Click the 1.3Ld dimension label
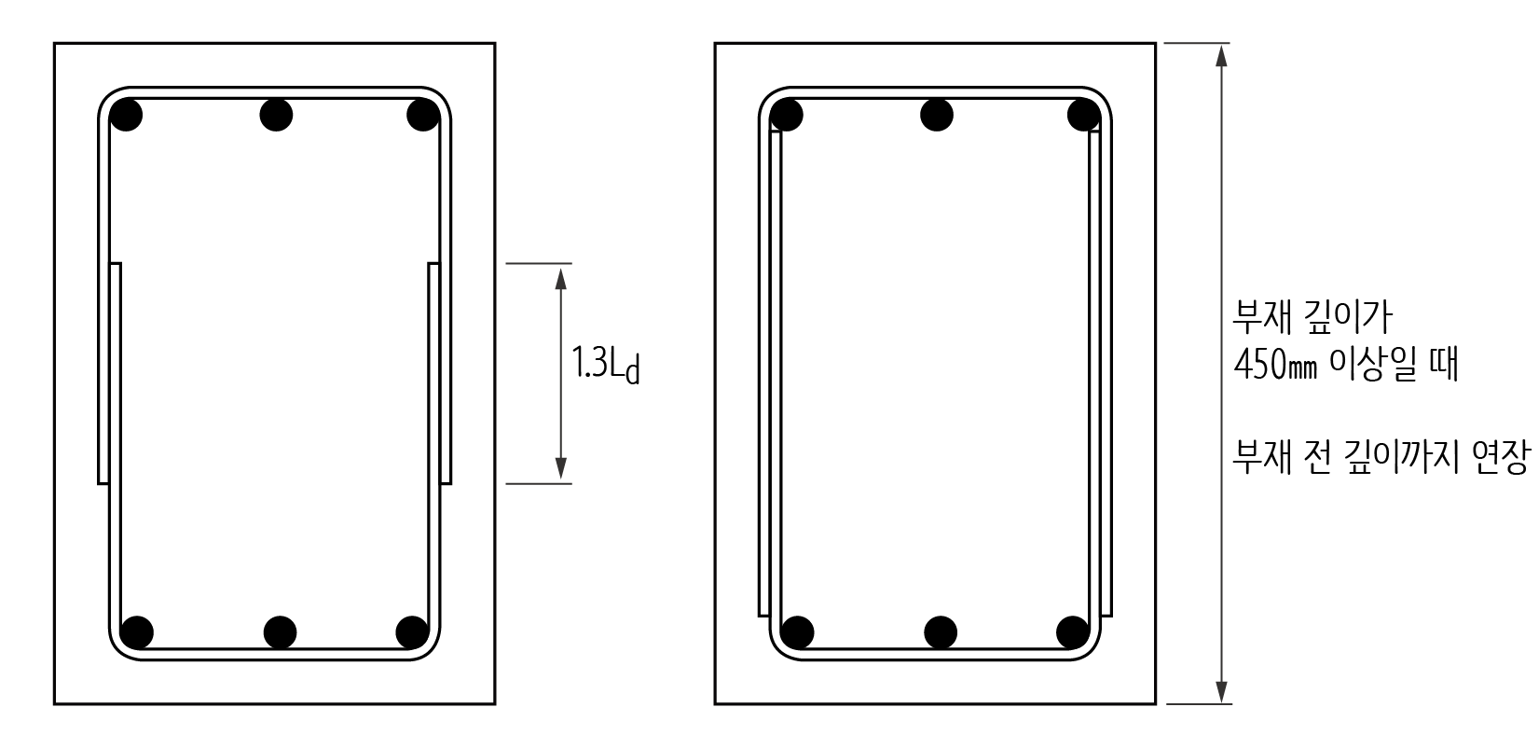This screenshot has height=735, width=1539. (606, 365)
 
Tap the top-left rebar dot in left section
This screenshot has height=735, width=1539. (126, 115)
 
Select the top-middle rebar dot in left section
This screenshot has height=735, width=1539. (276, 115)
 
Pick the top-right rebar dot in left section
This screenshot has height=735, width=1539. (423, 115)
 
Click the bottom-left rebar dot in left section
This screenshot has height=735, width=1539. (137, 632)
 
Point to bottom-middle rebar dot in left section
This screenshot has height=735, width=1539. (281, 632)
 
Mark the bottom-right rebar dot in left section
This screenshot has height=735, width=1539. (412, 632)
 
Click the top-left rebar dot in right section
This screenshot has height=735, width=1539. (787, 115)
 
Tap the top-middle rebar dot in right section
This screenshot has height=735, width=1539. (937, 115)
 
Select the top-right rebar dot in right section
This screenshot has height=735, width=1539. (1084, 115)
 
